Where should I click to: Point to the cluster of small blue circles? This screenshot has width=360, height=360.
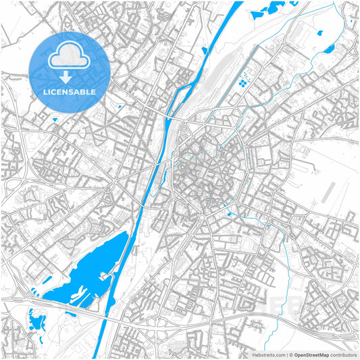[241, 83]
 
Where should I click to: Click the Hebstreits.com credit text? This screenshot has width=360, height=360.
[267, 355]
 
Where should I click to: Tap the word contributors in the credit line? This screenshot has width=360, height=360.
[343, 355]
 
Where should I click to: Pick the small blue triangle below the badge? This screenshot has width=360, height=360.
[55, 120]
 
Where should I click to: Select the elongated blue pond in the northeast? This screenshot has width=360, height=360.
[330, 49]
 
